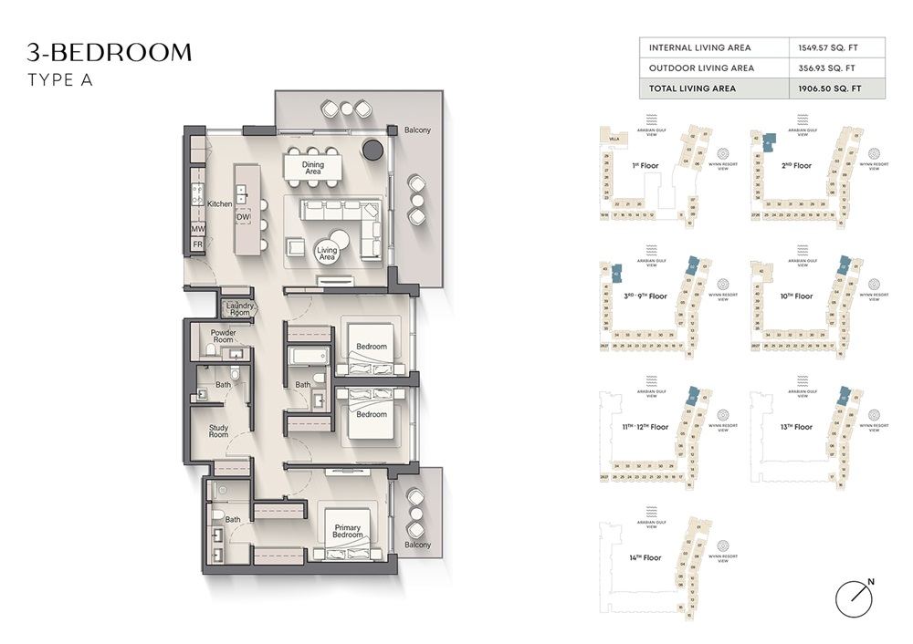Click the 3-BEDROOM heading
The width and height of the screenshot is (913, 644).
pos(109,52)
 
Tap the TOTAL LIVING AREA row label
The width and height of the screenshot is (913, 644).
pos(692,88)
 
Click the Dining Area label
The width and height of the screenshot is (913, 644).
pos(312,167)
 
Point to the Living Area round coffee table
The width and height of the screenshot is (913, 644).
pos(327,254)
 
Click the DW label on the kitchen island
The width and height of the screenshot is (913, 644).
pos(243,217)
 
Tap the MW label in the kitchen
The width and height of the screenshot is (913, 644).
pos(197,228)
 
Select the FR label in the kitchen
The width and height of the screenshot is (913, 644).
pos(197,244)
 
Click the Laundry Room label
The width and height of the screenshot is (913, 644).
pos(239,309)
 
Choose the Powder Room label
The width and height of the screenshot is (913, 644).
pos(223,337)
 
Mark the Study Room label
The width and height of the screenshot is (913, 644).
pos(218,431)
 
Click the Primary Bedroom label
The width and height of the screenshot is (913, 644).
pos(348,532)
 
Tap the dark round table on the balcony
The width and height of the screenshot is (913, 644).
pos(373,150)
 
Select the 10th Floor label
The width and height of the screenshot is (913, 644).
pos(796,296)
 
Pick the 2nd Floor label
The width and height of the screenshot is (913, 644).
pos(796,166)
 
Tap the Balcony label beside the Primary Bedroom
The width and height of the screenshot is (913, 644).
pos(417,545)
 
